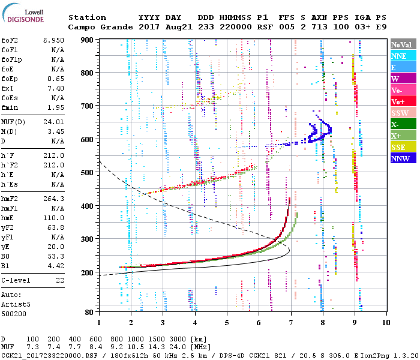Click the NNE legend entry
coord(399,56)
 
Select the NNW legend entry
coord(400,158)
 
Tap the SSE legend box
coord(399,147)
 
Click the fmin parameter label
coord(10,107)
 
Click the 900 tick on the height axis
coord(88,40)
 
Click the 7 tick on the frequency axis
coord(290,322)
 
